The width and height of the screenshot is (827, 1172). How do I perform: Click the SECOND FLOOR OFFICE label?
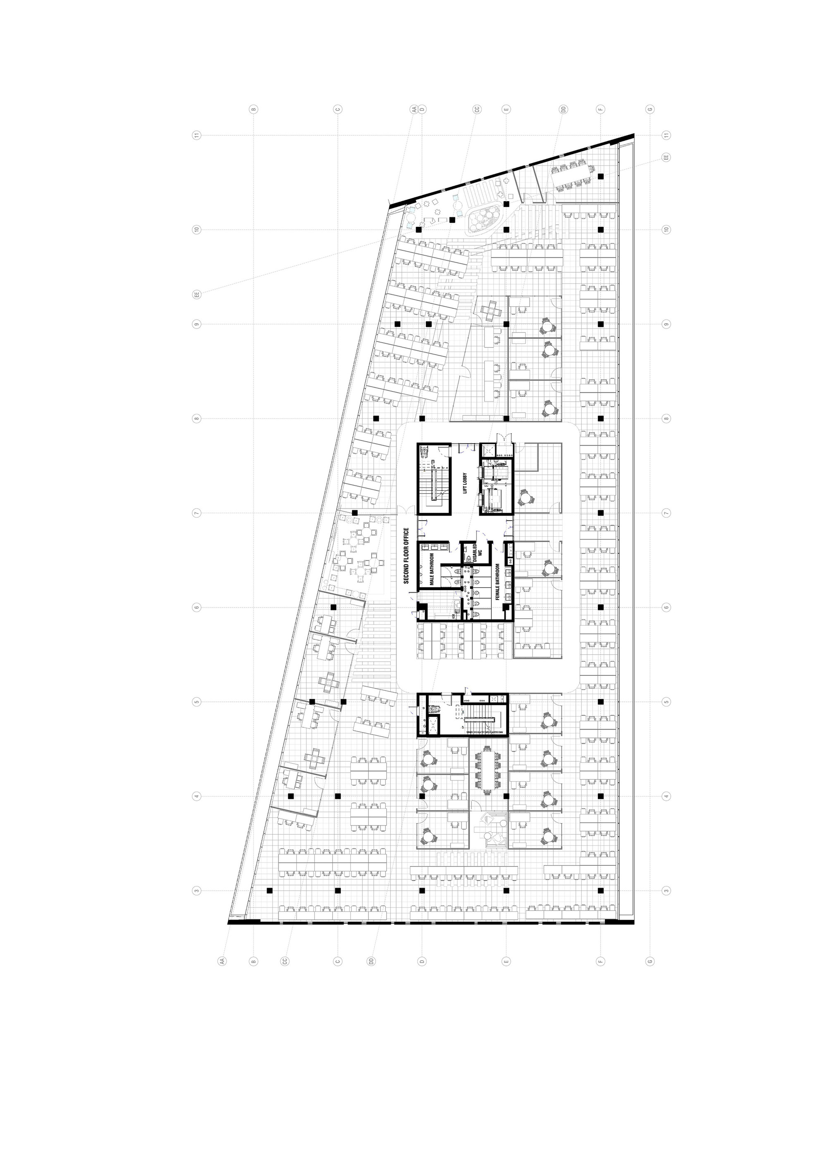pos(406,556)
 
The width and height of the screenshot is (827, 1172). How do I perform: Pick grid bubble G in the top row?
pos(650,109)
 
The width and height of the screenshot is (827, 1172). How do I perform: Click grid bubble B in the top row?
pos(253,109)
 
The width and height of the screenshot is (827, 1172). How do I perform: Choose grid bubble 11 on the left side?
pos(196,135)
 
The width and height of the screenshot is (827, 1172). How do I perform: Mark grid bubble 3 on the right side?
pos(666,891)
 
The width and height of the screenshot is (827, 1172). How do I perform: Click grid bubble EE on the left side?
pos(196,294)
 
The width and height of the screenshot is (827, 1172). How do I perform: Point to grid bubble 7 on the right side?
pos(666,513)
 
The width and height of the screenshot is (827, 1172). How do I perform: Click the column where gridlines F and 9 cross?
pos(601,324)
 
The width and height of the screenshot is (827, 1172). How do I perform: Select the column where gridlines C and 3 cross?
pos(338,890)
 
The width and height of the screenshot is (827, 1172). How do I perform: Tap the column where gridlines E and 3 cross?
pos(506,890)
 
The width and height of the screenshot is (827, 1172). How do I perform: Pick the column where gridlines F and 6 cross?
pos(601,607)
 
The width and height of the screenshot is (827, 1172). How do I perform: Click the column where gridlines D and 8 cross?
pos(422,418)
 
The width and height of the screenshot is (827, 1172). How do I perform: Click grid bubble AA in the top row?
pos(415,109)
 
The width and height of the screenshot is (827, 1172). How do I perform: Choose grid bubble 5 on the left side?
pos(196,702)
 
